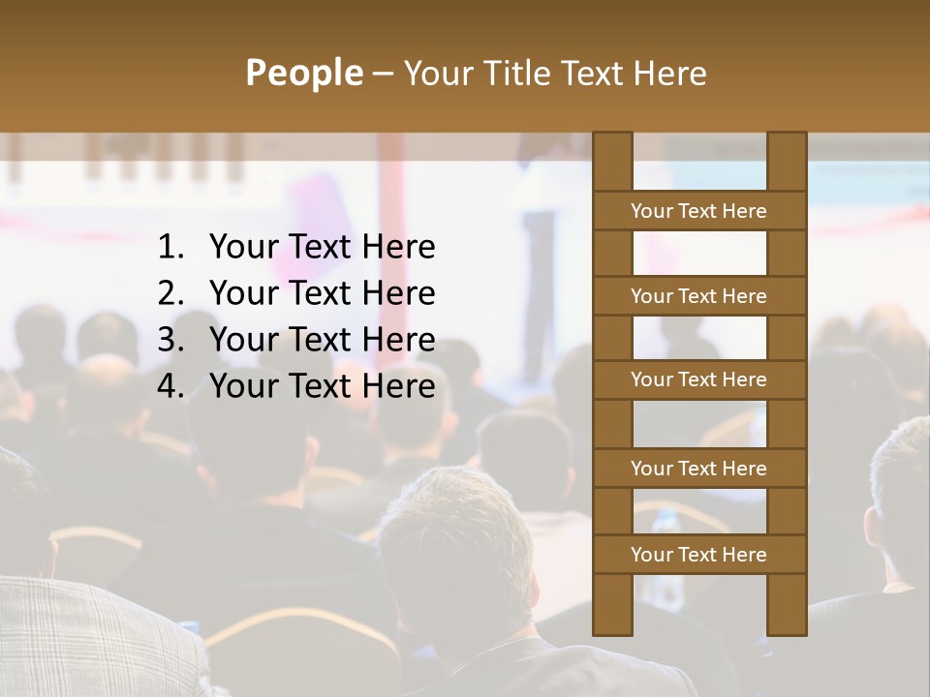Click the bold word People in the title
pyautogui.click(x=303, y=73)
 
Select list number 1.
pyautogui.click(x=170, y=248)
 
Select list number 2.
pyautogui.click(x=170, y=294)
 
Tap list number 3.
pyautogui.click(x=170, y=341)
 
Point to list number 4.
pyautogui.click(x=170, y=387)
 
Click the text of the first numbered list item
pyautogui.click(x=322, y=248)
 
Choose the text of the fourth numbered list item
pyautogui.click(x=322, y=387)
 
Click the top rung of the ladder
pyautogui.click(x=698, y=211)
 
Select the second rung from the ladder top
pyautogui.click(x=698, y=296)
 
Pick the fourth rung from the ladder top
pyautogui.click(x=698, y=469)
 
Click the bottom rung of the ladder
pyautogui.click(x=698, y=555)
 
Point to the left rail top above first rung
pyautogui.click(x=612, y=162)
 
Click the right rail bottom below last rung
pyautogui.click(x=787, y=605)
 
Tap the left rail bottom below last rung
pyautogui.click(x=612, y=605)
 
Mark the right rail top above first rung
pyautogui.click(x=787, y=162)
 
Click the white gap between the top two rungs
pyautogui.click(x=699, y=254)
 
